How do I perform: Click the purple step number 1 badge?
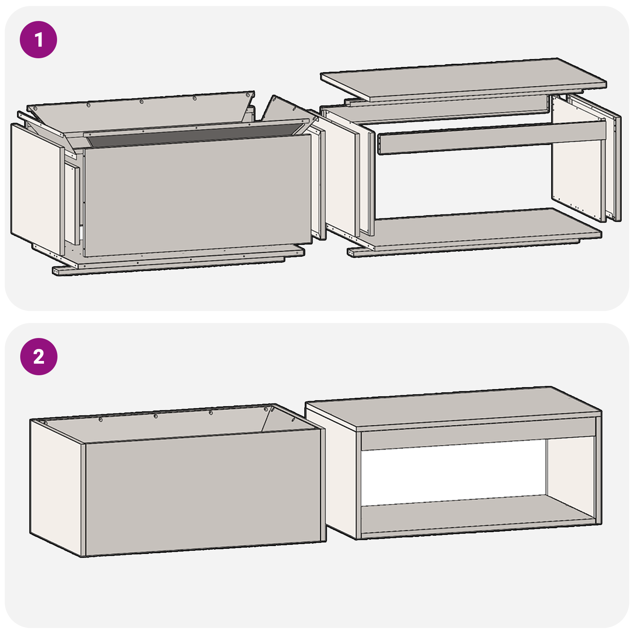38,40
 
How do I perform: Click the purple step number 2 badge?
38,357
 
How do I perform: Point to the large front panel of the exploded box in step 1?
198,194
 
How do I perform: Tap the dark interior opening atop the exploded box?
190,137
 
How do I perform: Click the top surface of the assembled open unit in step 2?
452,408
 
